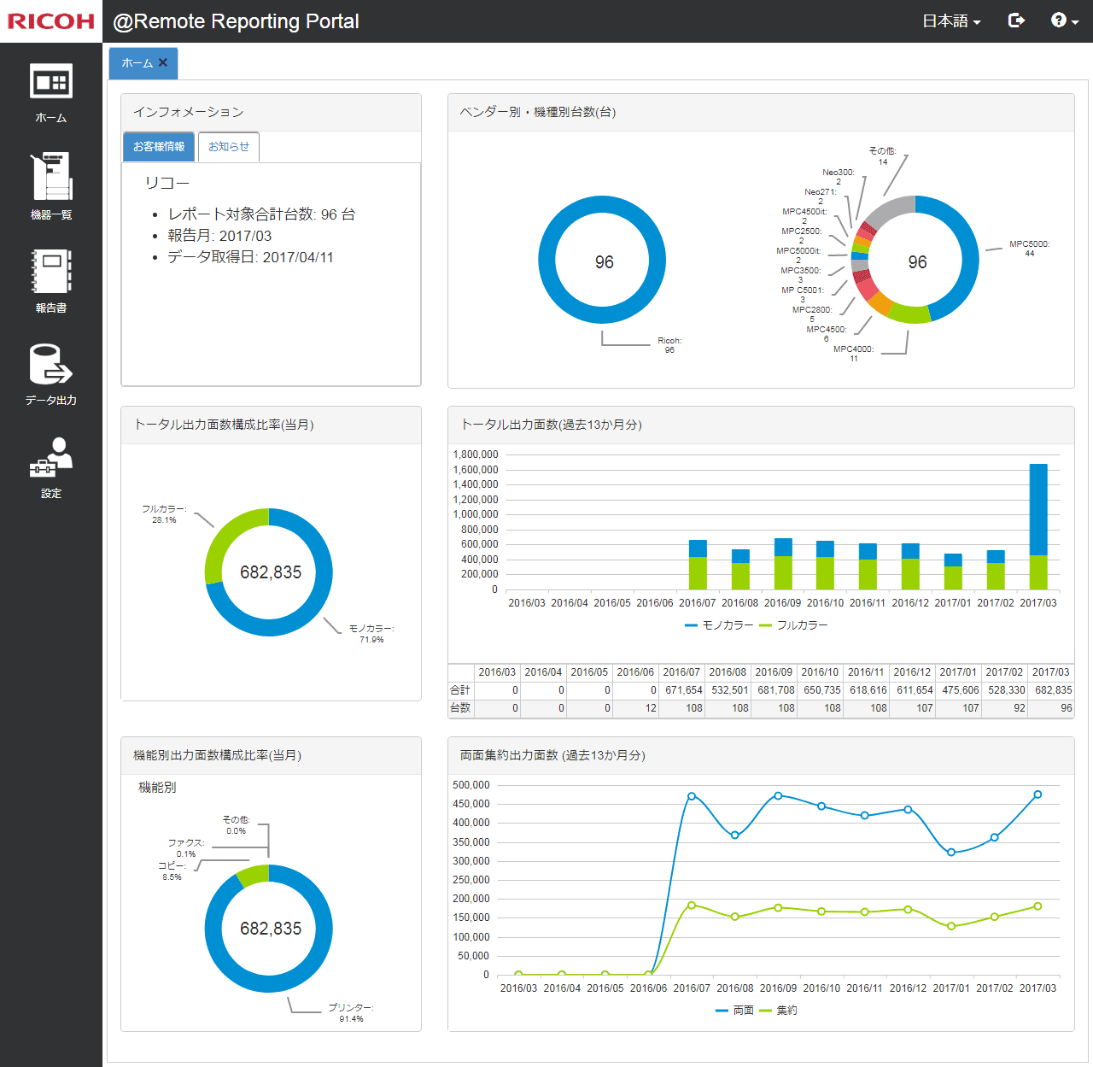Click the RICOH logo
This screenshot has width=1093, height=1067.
pyautogui.click(x=51, y=21)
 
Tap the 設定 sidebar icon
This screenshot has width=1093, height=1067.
pyautogui.click(x=51, y=466)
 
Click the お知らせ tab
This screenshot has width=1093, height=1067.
pyautogui.click(x=229, y=147)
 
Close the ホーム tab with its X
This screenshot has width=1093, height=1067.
pyautogui.click(x=163, y=62)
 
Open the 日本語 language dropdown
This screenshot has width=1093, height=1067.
pyautogui.click(x=951, y=21)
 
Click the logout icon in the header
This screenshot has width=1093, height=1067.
pyautogui.click(x=1016, y=21)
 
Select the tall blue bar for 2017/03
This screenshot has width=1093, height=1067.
pyautogui.click(x=1038, y=509)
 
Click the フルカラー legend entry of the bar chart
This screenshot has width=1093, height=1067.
pyautogui.click(x=794, y=625)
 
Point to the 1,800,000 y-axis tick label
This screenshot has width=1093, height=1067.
pyautogui.click(x=476, y=454)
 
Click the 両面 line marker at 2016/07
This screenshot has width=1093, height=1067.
pyautogui.click(x=692, y=796)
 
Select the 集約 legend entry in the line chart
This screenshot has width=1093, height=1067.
pyautogui.click(x=779, y=1011)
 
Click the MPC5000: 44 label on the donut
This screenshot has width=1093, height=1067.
pyautogui.click(x=1029, y=249)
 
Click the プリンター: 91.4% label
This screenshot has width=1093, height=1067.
pyautogui.click(x=351, y=1013)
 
